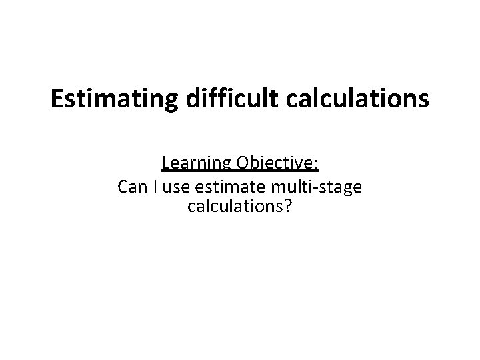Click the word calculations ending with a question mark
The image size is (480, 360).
(236, 207)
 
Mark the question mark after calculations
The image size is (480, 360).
(287, 207)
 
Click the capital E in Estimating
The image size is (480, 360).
(57, 99)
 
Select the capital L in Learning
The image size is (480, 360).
(165, 164)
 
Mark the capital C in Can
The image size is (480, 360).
(123, 187)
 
